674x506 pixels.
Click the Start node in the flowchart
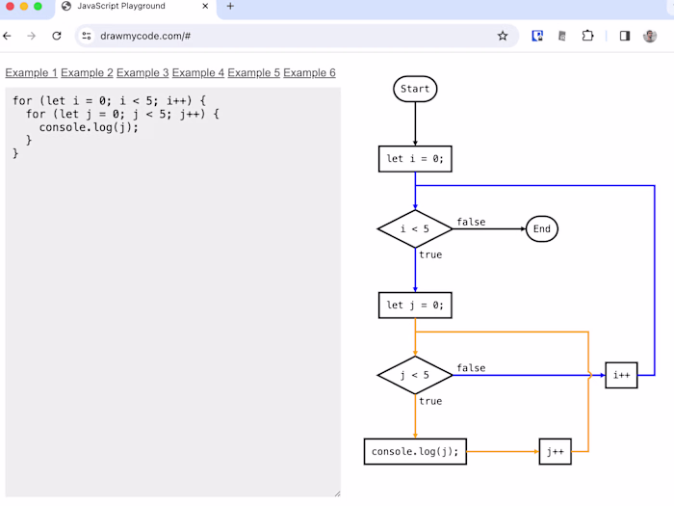[415, 89]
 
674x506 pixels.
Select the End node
[542, 229]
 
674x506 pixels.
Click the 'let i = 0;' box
[415, 159]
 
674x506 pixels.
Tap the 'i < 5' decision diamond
[415, 229]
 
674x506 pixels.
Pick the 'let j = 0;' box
[415, 306]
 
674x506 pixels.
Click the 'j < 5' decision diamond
[415, 375]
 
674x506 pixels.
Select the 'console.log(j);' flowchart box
[415, 451]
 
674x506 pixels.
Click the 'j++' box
[555, 451]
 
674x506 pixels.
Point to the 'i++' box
[621, 375]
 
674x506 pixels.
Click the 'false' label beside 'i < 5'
[471, 222]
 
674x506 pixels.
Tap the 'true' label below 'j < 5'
[430, 401]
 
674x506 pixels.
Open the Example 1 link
[31, 73]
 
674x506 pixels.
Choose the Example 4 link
[197, 73]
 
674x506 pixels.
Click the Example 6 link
[309, 73]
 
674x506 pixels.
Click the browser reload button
[57, 36]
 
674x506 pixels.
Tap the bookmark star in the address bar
[503, 36]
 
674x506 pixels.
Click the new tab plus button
[230, 7]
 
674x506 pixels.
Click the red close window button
[11, 7]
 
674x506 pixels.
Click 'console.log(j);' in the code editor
[89, 127]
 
